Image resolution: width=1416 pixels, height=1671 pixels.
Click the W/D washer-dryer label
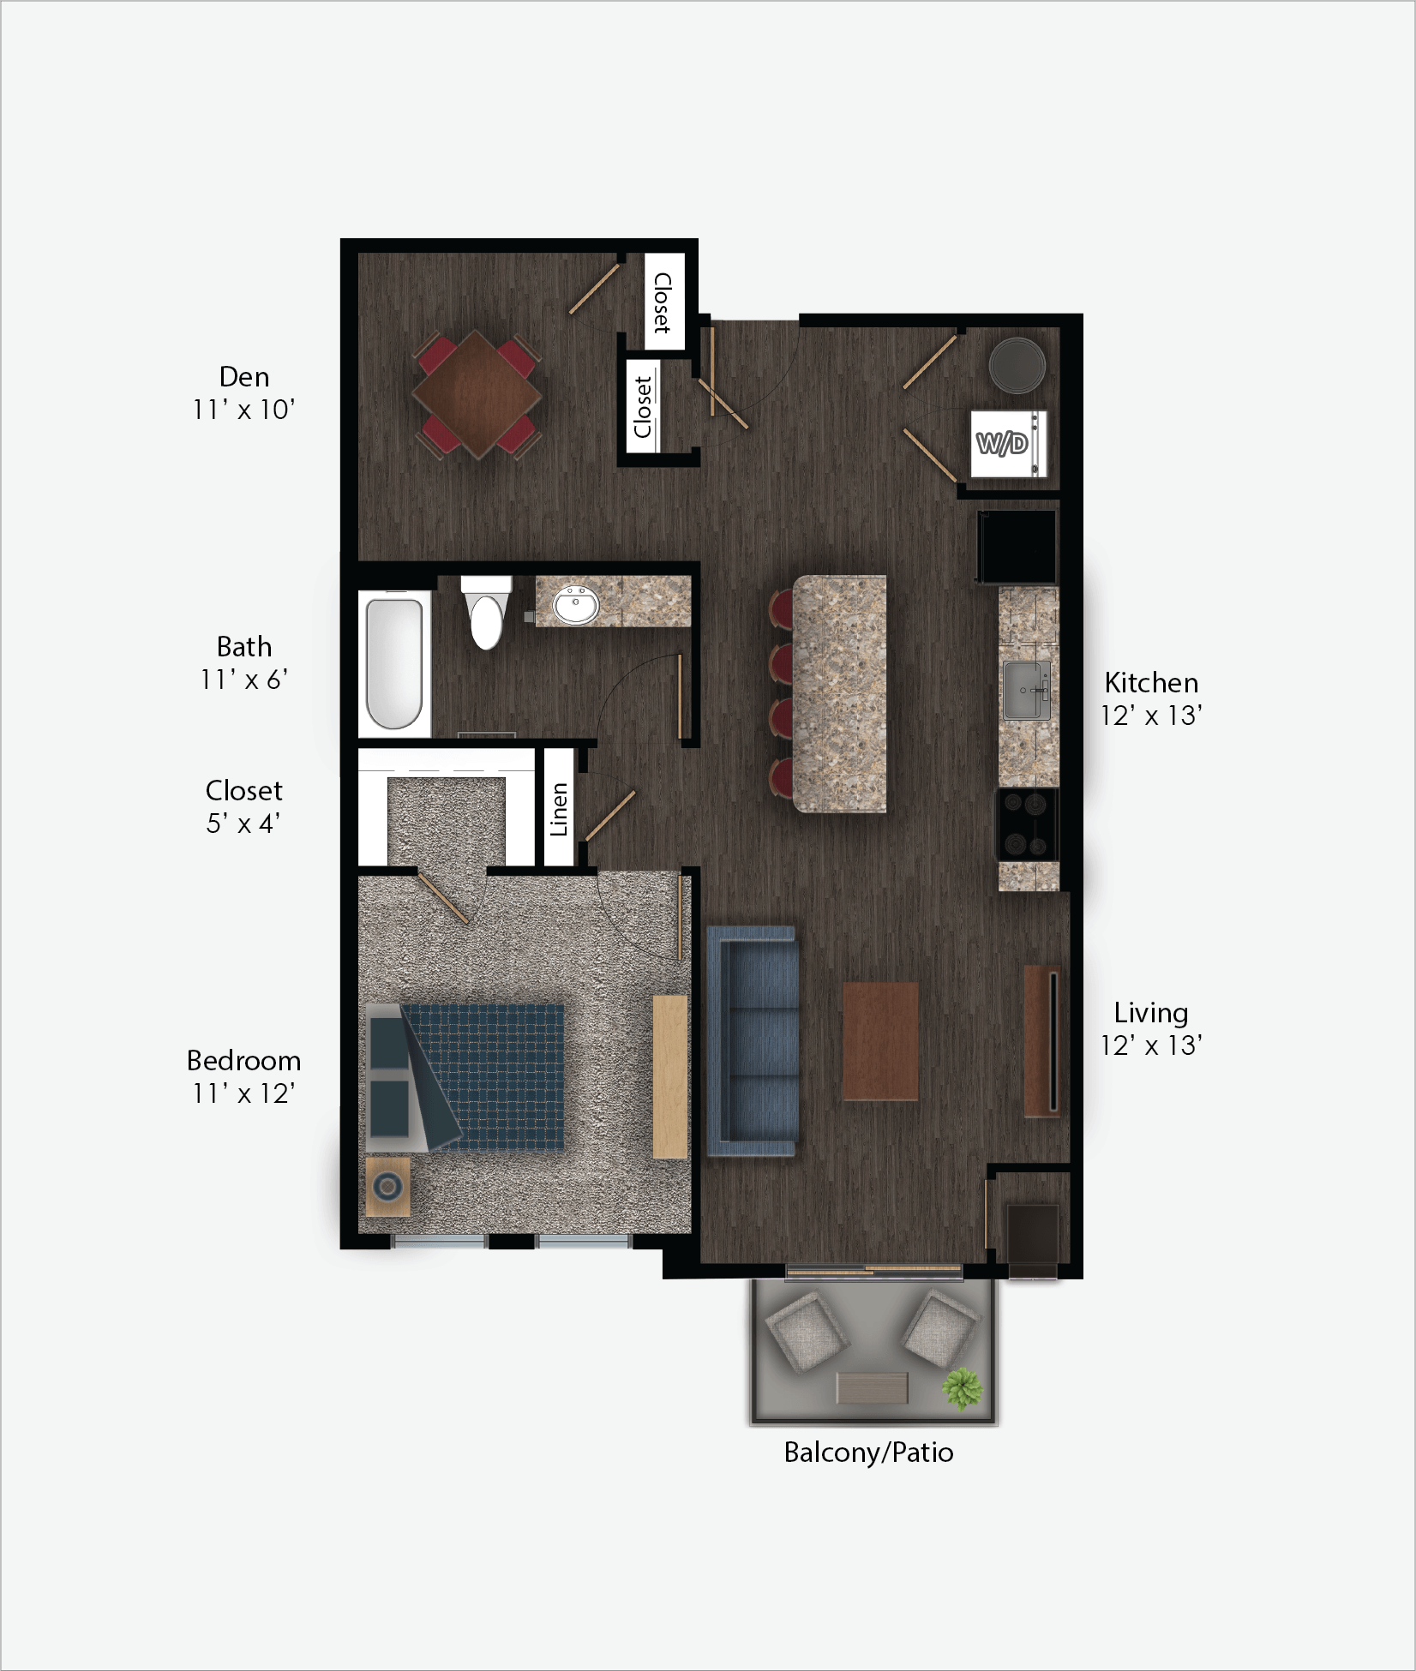(x=1002, y=443)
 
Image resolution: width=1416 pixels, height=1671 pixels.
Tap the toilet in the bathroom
(x=486, y=612)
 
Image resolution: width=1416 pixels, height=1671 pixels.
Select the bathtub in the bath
(x=394, y=663)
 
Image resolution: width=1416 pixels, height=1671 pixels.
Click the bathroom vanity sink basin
(x=576, y=605)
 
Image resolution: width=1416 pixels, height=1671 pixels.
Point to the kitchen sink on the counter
(x=1027, y=691)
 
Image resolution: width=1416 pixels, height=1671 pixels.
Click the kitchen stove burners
(x=1027, y=824)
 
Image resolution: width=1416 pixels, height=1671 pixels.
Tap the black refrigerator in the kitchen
(x=1017, y=548)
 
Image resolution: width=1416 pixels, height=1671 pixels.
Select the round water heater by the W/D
(x=1017, y=365)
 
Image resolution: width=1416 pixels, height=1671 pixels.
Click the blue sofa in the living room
(x=753, y=1041)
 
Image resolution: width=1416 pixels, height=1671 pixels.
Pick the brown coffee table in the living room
(x=880, y=1041)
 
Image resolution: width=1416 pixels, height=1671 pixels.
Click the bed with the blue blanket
(x=465, y=1077)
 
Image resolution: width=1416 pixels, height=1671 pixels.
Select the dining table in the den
(x=477, y=395)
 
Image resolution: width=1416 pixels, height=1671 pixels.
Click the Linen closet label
(x=559, y=809)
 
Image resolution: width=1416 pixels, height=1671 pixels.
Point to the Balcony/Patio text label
(x=868, y=1452)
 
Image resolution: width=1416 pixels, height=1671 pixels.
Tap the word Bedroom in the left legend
(x=244, y=1061)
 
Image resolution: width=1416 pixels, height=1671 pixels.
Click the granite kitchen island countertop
(x=839, y=694)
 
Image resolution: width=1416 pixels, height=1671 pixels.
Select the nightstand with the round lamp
(x=388, y=1187)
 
